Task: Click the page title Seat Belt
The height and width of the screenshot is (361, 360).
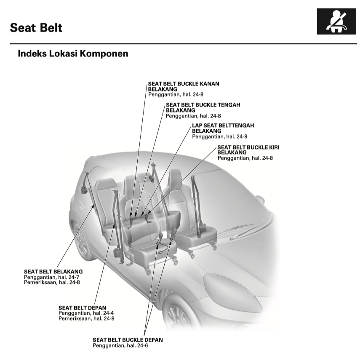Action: pos(36,28)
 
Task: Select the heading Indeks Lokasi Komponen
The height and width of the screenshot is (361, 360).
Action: pos(73,54)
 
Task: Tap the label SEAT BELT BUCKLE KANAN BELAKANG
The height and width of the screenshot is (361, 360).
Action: pos(183,86)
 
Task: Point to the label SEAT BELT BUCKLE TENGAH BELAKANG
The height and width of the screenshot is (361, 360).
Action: pos(200,107)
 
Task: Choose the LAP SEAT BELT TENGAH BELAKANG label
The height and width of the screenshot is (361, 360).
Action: pos(223,128)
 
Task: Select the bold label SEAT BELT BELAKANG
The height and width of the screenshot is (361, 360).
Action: pos(53,272)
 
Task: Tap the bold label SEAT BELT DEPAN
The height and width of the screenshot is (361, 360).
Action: pos(82,308)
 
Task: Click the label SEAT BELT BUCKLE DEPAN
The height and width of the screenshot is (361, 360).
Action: pos(128,340)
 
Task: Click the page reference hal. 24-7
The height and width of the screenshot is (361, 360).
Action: pos(69,277)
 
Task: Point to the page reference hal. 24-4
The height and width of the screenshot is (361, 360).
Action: pos(104,313)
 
